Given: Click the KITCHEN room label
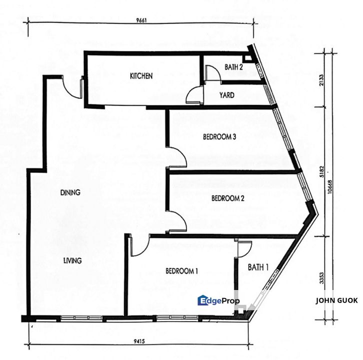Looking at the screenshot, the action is click(141, 76).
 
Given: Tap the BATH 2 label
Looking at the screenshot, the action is click(233, 67).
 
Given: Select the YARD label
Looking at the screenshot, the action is click(227, 95).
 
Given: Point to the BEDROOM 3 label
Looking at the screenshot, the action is click(219, 137).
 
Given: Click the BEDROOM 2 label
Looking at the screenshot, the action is click(228, 198).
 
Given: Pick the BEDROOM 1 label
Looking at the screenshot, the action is click(181, 271).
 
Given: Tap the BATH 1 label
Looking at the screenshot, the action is click(258, 267).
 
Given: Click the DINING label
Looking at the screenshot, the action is click(70, 192).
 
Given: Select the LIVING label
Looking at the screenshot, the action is click(72, 260).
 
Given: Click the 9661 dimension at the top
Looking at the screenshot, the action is click(141, 20).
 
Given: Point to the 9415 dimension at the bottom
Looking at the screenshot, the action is click(139, 341).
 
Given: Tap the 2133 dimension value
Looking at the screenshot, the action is click(321, 80).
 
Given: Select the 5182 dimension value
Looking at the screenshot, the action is click(321, 171).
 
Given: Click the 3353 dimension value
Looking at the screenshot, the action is click(321, 278).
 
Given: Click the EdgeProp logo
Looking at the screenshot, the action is click(219, 300).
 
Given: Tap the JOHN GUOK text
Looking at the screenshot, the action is click(337, 300).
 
